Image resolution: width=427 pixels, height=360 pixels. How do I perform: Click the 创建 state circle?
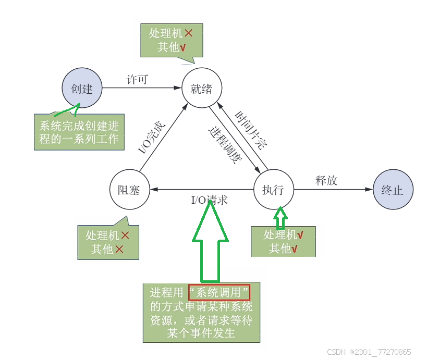[x=82, y=89]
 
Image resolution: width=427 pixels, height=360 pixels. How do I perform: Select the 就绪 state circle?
[x=201, y=89]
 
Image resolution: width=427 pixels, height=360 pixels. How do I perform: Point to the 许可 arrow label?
[x=138, y=79]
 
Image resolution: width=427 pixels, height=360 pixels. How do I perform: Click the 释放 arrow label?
[x=326, y=181]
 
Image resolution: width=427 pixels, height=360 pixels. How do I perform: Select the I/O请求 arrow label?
[x=210, y=200]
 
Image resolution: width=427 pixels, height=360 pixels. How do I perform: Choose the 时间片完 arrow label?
[x=250, y=130]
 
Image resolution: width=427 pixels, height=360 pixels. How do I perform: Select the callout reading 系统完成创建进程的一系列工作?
[x=79, y=132]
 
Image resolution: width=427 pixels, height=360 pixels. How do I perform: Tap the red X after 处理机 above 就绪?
[x=189, y=33]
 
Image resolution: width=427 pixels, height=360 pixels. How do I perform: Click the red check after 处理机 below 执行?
[x=300, y=235]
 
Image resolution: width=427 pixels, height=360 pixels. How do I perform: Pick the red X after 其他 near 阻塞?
[x=119, y=250]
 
